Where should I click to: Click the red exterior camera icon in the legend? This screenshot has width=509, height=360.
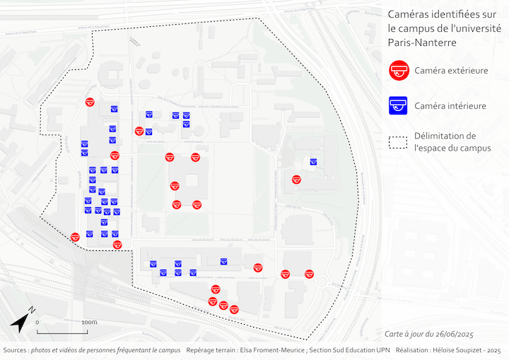399,70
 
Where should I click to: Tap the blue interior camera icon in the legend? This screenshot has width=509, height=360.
399,106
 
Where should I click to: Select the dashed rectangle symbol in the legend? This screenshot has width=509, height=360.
399,141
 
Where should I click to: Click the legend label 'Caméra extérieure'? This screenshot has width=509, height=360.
451,70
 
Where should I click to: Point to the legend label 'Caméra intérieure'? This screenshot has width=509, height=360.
450,106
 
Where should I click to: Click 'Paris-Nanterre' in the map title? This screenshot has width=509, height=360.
422,42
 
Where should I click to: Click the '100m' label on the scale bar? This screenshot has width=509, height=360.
88,322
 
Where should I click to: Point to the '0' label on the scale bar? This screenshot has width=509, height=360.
37,322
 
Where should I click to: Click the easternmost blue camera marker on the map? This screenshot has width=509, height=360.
313,162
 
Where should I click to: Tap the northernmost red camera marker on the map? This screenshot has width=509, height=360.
90,102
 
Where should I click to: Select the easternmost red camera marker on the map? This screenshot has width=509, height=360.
309,274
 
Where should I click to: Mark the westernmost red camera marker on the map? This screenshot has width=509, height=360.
75,237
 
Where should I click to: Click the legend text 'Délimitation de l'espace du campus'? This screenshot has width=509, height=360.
452,141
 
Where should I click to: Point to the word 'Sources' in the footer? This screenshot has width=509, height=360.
15,350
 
